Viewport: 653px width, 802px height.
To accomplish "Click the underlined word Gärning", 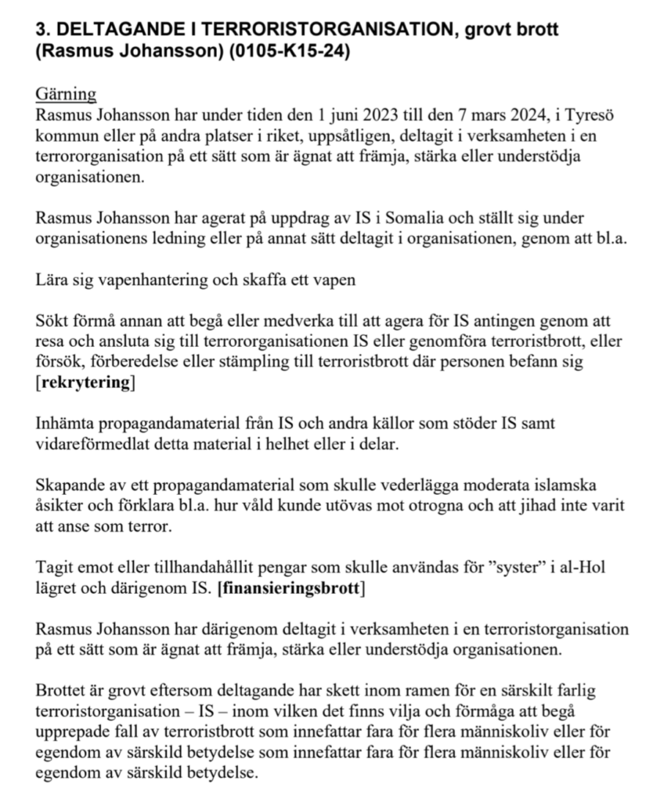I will click(x=66, y=95).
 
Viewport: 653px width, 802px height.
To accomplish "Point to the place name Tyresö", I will click(x=592, y=116).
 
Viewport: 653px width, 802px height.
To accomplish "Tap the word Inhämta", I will click(x=65, y=424).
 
